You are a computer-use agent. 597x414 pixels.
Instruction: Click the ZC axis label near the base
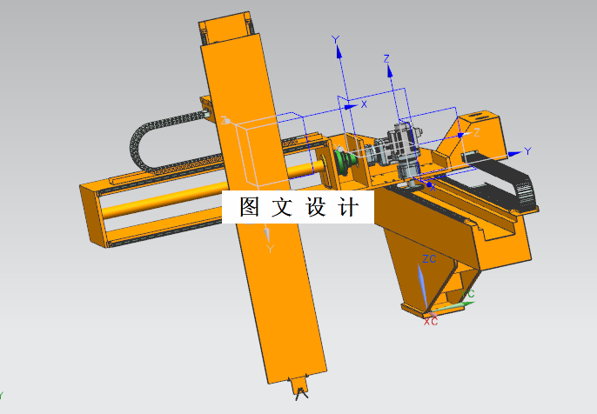pos(428,260)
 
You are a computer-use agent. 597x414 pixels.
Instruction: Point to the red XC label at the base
pos(430,321)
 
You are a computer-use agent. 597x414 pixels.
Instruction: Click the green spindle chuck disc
pos(345,163)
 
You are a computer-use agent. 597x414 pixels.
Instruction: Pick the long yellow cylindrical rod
pos(165,202)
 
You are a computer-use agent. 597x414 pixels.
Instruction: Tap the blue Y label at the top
pos(335,39)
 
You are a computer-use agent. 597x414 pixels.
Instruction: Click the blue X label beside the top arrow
pos(364,103)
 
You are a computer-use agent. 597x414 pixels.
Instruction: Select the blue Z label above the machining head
pos(386,58)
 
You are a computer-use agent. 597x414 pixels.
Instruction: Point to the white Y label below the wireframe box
pos(270,250)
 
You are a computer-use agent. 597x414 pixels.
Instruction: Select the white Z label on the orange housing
pos(475,132)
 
